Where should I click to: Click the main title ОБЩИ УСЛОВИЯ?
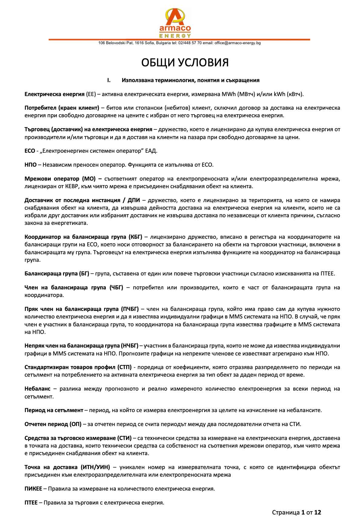click(x=185, y=62)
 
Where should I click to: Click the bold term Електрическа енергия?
click(x=54, y=94)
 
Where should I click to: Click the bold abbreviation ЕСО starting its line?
click(x=30, y=151)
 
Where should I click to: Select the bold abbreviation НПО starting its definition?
click(x=30, y=165)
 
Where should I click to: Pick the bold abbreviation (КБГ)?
click(x=135, y=237)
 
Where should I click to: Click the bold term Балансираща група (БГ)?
click(x=57, y=274)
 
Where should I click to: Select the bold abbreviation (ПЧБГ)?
click(x=129, y=309)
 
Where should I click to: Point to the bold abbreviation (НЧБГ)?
click(x=129, y=346)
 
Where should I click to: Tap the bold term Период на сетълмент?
click(x=54, y=410)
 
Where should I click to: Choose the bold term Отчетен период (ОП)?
click(x=53, y=424)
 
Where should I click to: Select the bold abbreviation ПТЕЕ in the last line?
click(x=31, y=503)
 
